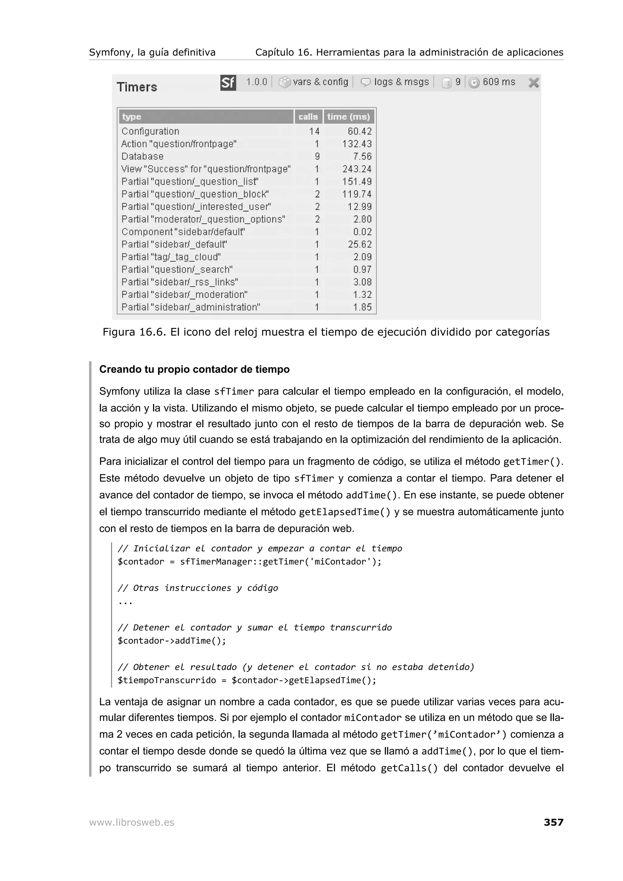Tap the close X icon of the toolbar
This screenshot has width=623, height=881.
click(534, 82)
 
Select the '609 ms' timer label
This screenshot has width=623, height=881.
click(499, 82)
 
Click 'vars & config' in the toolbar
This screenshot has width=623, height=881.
click(320, 82)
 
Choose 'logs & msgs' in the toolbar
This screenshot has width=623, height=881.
click(401, 82)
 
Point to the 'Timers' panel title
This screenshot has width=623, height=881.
click(137, 87)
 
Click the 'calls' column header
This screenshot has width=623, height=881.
click(308, 117)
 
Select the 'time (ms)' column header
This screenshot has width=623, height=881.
click(349, 117)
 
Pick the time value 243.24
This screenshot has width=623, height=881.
click(357, 169)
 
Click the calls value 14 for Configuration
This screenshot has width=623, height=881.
click(314, 131)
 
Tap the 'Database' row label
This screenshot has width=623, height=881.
click(142, 156)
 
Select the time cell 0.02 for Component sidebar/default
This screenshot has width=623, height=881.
click(362, 232)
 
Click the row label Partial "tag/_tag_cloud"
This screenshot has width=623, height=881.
click(171, 257)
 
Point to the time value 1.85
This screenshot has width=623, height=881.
click(362, 307)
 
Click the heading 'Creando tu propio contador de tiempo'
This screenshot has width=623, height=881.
click(194, 369)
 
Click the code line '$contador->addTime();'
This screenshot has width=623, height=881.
click(172, 641)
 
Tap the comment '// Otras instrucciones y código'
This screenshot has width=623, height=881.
click(198, 588)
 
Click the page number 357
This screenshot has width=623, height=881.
click(553, 822)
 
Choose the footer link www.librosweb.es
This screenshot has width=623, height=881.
click(132, 822)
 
